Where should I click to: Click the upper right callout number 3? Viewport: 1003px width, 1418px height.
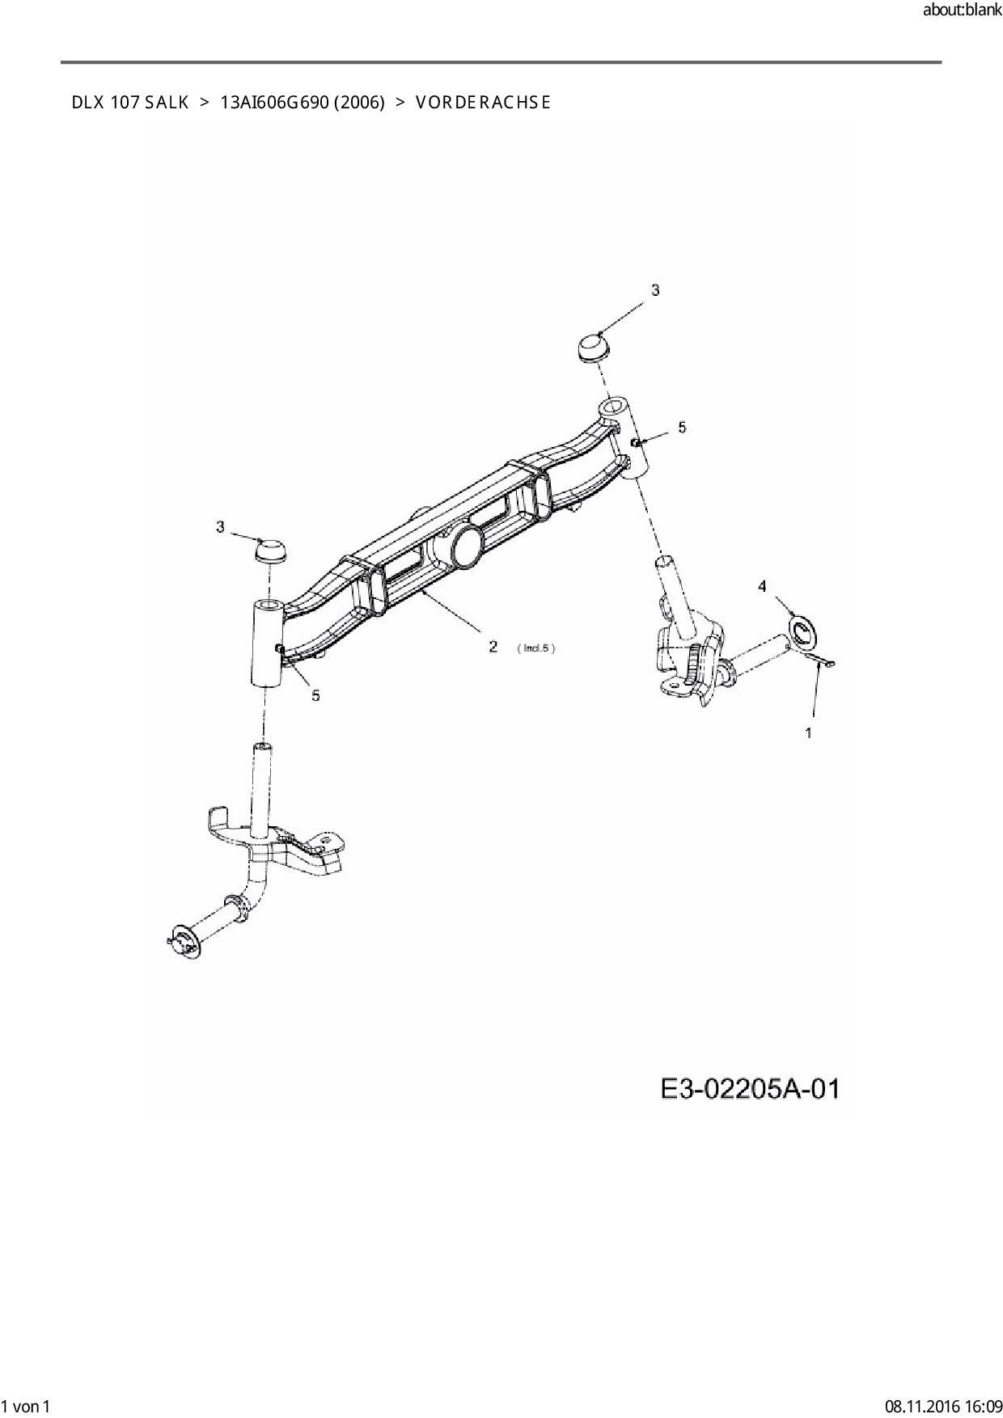(655, 290)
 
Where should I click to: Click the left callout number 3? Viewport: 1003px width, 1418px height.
(220, 527)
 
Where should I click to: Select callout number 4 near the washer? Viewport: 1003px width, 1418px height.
(762, 586)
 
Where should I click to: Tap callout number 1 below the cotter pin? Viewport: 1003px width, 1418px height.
(808, 732)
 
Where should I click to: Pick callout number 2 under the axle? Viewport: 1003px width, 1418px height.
(493, 647)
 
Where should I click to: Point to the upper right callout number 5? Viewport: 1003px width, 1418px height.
(682, 427)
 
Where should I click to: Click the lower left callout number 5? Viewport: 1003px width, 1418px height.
(315, 695)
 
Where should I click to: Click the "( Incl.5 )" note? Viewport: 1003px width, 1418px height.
(535, 648)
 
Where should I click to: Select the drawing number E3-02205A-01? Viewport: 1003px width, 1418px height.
(750, 1089)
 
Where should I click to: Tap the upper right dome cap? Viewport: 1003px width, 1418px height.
(593, 348)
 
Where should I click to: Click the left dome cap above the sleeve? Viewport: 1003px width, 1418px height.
(271, 552)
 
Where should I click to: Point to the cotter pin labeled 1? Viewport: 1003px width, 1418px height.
(821, 662)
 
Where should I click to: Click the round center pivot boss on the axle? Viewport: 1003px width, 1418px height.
(467, 546)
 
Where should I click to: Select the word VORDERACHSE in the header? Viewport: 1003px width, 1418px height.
(483, 103)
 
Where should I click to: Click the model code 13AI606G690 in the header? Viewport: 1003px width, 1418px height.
(273, 103)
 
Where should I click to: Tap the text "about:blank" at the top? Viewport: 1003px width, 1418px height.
(962, 11)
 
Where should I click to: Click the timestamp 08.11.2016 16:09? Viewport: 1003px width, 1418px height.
(943, 1406)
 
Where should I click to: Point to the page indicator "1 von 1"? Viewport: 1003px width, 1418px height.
(27, 1406)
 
